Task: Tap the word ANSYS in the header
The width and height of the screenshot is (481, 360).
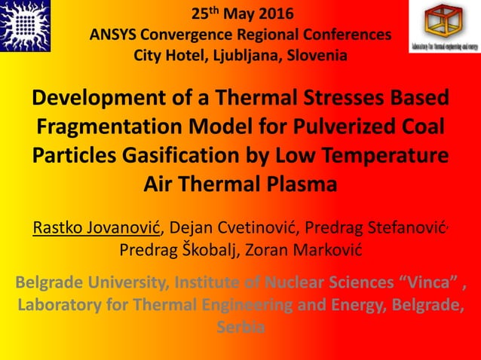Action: click(114, 35)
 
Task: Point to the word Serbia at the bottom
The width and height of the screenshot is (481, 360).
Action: click(240, 328)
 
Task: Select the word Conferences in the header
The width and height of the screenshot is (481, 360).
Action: click(347, 35)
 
